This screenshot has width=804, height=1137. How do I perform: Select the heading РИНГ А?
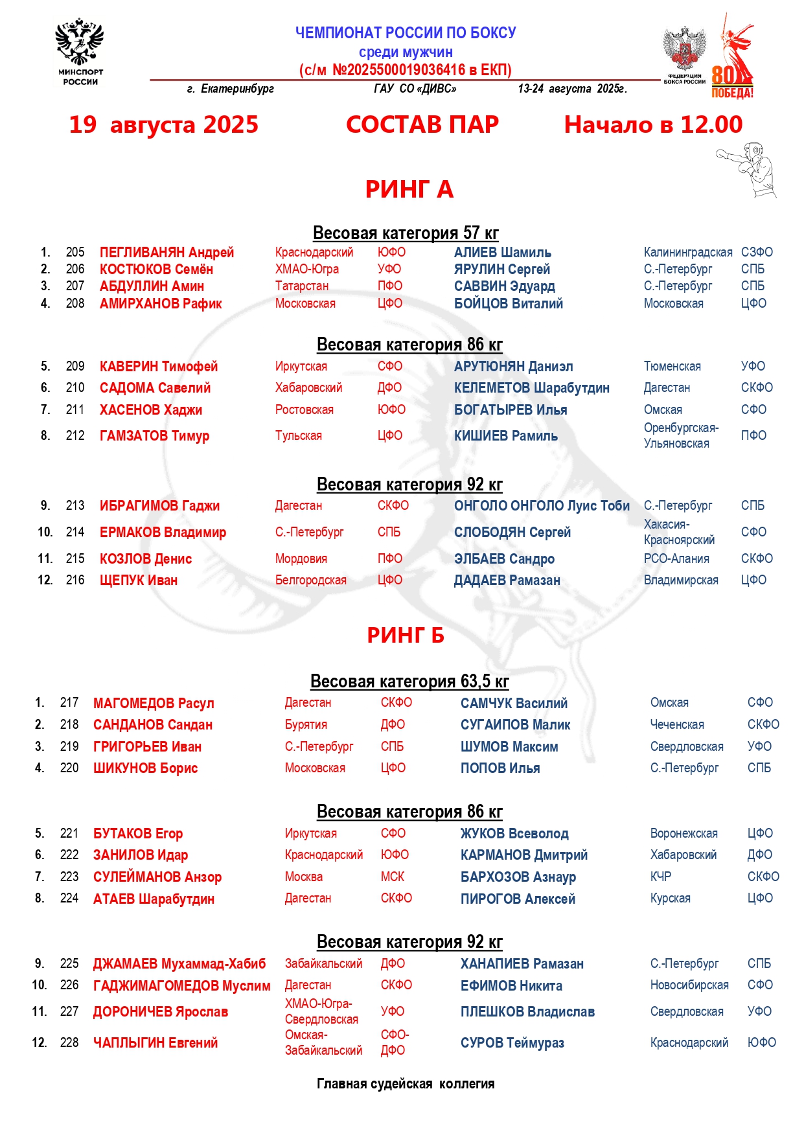pos(409,189)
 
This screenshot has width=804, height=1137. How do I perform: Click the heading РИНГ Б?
pos(406,635)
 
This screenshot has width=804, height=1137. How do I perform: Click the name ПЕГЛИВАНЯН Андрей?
pos(167,253)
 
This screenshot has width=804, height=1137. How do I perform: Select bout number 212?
pos(75,435)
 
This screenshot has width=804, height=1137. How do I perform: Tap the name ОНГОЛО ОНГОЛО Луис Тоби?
pos(542,506)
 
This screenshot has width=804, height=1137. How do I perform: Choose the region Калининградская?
pos(687,252)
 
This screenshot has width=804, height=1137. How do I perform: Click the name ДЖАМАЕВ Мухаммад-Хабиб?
pos(179,964)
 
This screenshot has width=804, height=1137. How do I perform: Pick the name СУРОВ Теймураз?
pos(512,1043)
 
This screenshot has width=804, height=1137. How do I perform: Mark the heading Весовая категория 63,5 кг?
pos(409,682)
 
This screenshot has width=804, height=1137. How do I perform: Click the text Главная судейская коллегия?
pos(406,1084)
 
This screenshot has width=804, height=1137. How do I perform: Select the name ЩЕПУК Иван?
pos(139,580)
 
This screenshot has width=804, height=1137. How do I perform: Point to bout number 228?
pos(69,1042)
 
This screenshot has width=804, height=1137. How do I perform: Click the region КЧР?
pos(660,877)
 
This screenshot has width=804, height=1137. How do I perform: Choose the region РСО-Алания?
pos(676,558)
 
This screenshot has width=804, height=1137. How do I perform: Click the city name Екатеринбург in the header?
pos(237,89)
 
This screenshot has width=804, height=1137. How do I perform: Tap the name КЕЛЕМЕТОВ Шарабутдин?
pos(531,388)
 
